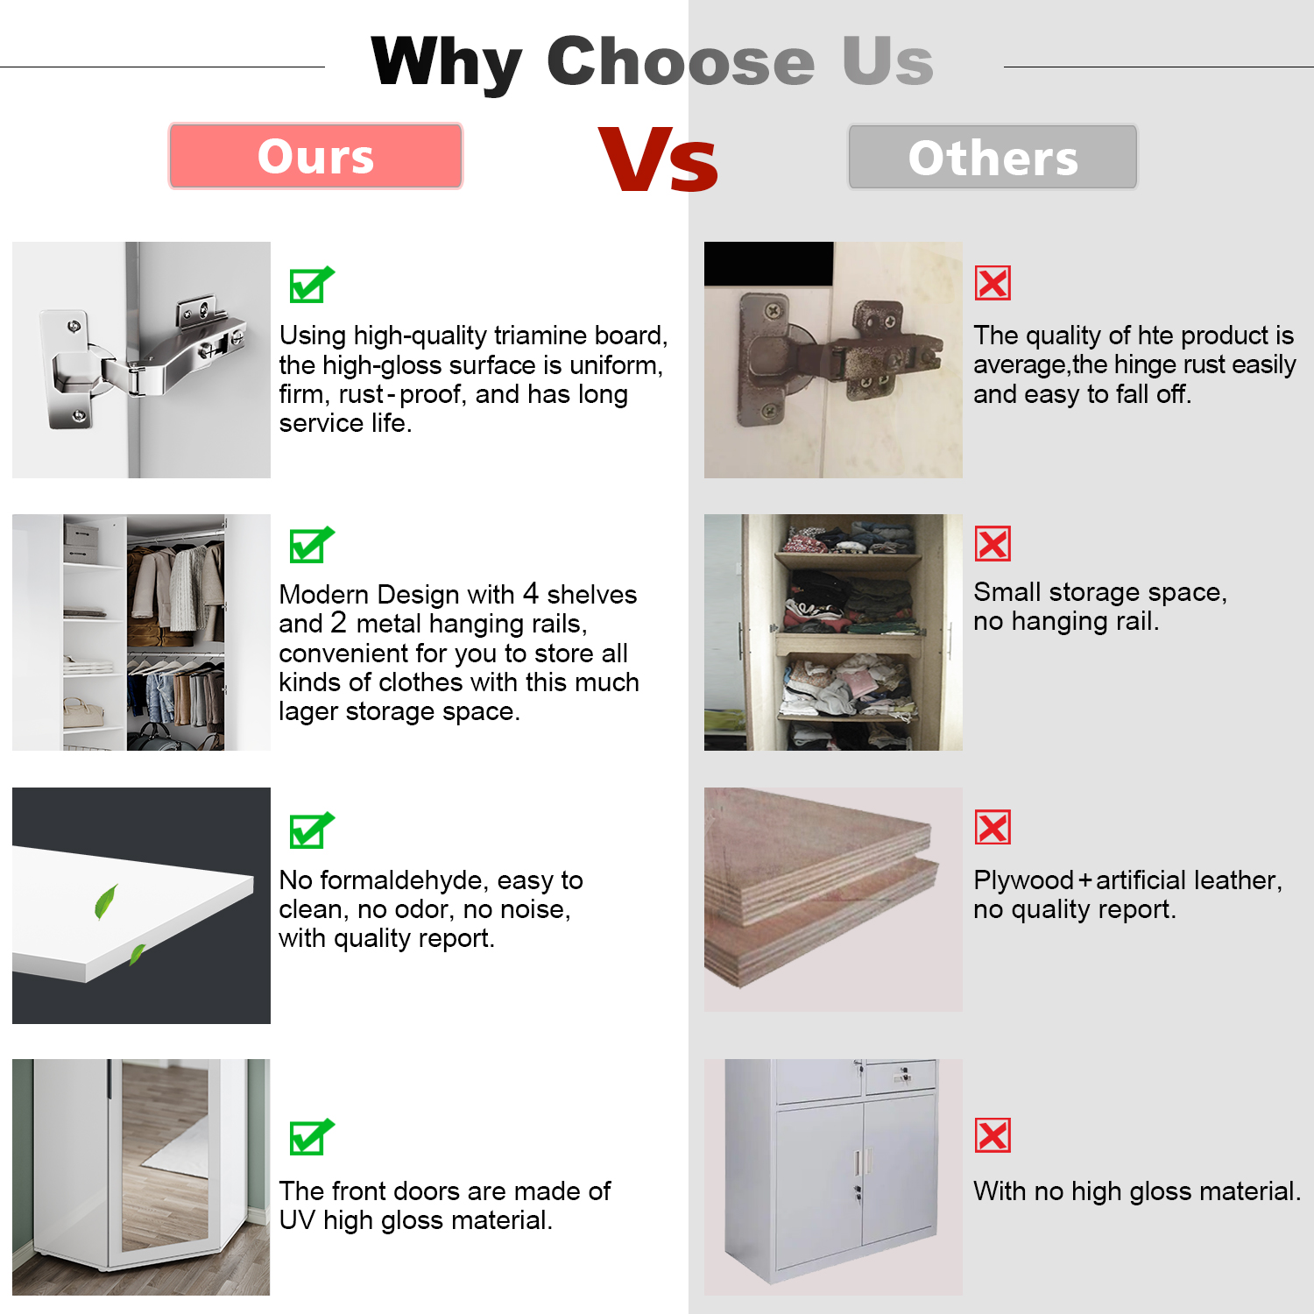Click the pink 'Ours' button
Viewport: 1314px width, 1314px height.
315,156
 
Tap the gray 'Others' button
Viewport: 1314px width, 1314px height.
993,157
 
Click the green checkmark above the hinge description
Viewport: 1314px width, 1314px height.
312,284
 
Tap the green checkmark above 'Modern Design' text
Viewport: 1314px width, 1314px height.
312,545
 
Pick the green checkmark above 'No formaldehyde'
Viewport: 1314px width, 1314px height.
312,830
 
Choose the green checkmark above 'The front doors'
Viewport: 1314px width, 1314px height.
312,1137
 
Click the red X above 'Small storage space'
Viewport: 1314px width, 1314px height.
993,544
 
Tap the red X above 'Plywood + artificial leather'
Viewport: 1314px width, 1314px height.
993,827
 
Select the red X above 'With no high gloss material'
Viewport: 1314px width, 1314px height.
993,1135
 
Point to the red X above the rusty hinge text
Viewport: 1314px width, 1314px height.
993,283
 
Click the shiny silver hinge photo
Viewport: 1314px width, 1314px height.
141,360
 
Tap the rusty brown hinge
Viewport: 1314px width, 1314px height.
832,359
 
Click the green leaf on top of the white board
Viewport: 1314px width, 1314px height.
106,902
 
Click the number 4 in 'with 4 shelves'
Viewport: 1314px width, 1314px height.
530,593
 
